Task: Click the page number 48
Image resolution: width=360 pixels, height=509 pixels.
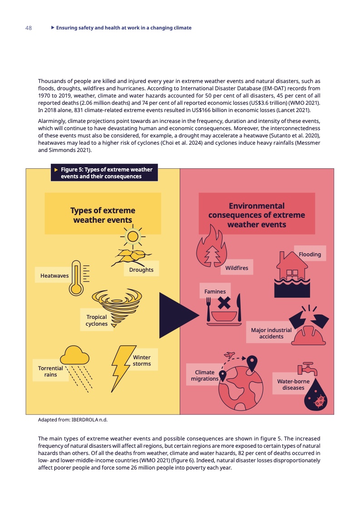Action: pyautogui.click(x=29, y=28)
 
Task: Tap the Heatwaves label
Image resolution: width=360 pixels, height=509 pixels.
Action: pyautogui.click(x=54, y=276)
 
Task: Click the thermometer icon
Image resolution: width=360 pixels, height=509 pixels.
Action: pyautogui.click(x=76, y=278)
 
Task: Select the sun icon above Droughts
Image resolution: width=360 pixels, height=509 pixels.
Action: pyautogui.click(x=133, y=236)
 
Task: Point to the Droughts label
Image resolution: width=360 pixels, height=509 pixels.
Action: pyautogui.click(x=141, y=269)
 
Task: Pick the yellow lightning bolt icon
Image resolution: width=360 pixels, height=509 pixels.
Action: pyautogui.click(x=123, y=368)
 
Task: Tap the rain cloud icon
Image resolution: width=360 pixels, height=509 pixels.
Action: pyautogui.click(x=75, y=356)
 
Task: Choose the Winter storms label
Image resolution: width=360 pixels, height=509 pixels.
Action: pyautogui.click(x=142, y=360)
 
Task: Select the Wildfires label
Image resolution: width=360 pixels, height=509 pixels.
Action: pyautogui.click(x=237, y=268)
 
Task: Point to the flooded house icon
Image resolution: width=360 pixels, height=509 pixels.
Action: pyautogui.click(x=292, y=274)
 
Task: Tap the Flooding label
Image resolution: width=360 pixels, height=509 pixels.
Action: pyautogui.click(x=310, y=254)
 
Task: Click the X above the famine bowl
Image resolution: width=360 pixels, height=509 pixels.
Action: pyautogui.click(x=224, y=303)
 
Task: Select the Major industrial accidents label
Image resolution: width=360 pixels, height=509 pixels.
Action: pyautogui.click(x=271, y=333)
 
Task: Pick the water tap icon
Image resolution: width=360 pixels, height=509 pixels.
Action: pyautogui.click(x=307, y=369)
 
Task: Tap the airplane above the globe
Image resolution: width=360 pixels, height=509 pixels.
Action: pyautogui.click(x=229, y=355)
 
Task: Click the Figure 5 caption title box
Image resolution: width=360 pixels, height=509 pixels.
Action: pyautogui.click(x=104, y=173)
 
